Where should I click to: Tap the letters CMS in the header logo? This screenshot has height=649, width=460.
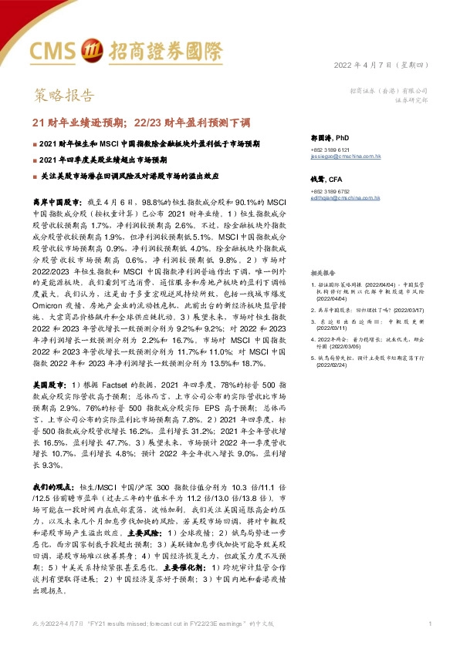pyautogui.click(x=53, y=51)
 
